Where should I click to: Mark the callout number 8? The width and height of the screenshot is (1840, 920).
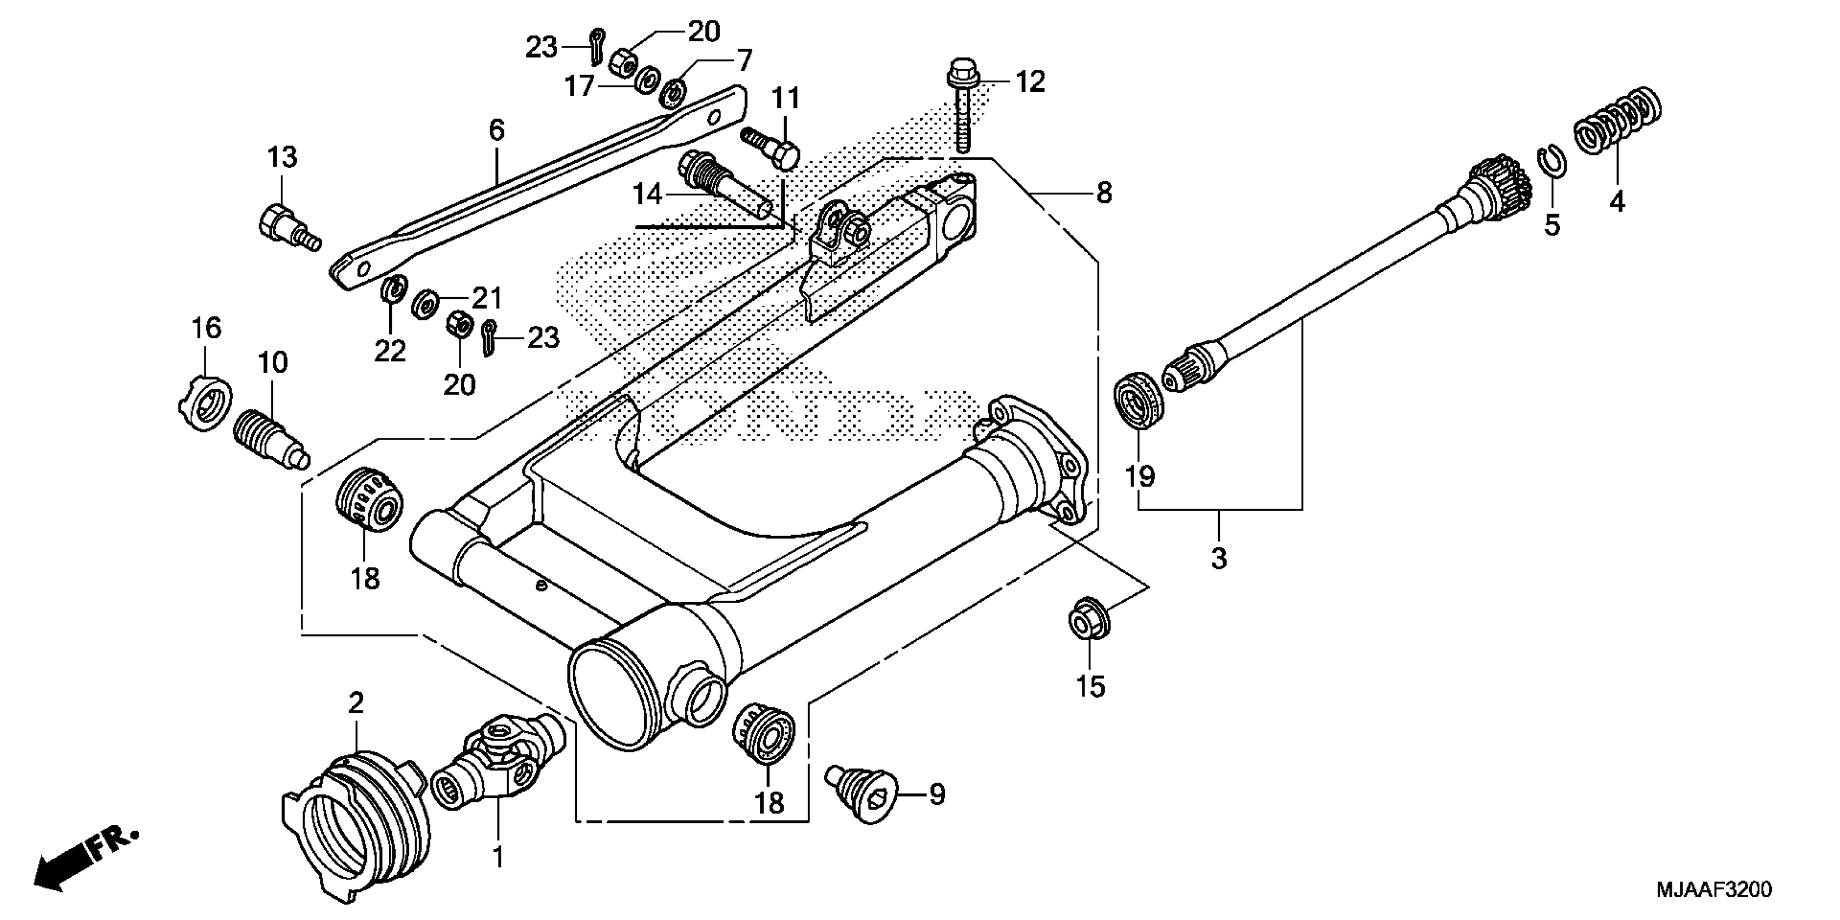[x=1103, y=193]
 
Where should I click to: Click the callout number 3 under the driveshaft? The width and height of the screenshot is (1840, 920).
[x=1219, y=557]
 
